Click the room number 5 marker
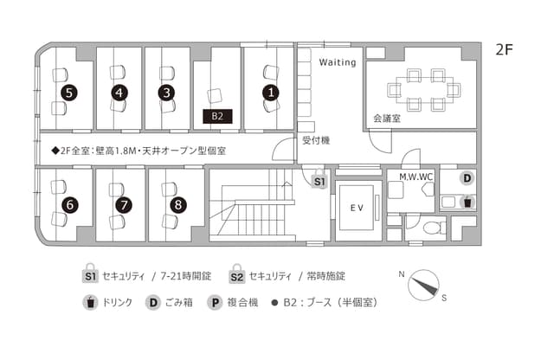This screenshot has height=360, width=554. pyautogui.click(x=69, y=93)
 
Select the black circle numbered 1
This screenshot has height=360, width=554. pyautogui.click(x=271, y=93)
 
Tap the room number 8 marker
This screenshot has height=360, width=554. pyautogui.click(x=178, y=205)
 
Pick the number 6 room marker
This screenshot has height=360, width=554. pyautogui.click(x=70, y=205)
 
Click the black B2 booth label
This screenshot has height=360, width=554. pyautogui.click(x=217, y=116)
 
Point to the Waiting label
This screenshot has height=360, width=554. pyautogui.click(x=338, y=62)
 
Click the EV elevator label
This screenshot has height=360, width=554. pyautogui.click(x=357, y=208)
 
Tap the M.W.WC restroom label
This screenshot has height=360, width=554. pyautogui.click(x=415, y=177)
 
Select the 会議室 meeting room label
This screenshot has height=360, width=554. pyautogui.click(x=387, y=119)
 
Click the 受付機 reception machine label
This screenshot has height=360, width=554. pyautogui.click(x=316, y=140)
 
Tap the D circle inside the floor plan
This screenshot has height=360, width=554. pyautogui.click(x=467, y=178)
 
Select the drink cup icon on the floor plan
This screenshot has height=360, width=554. pyautogui.click(x=467, y=202)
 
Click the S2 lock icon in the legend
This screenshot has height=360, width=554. pyautogui.click(x=236, y=274)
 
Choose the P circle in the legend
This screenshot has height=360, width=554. pyautogui.click(x=215, y=303)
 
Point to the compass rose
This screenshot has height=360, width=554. pyautogui.click(x=423, y=286)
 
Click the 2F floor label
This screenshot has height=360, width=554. pyautogui.click(x=504, y=50)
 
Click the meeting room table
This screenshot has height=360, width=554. pyautogui.click(x=424, y=90)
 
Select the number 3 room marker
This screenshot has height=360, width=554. pyautogui.click(x=167, y=93)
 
